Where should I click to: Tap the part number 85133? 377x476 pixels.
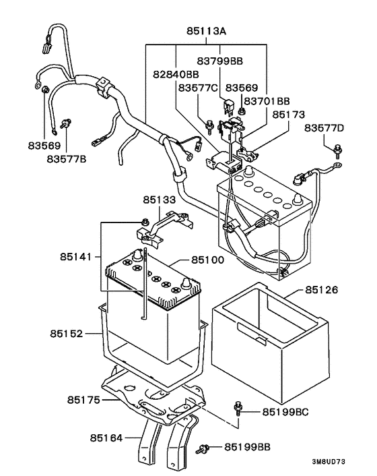tap(159, 200)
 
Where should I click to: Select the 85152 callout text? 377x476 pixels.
tap(66, 333)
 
